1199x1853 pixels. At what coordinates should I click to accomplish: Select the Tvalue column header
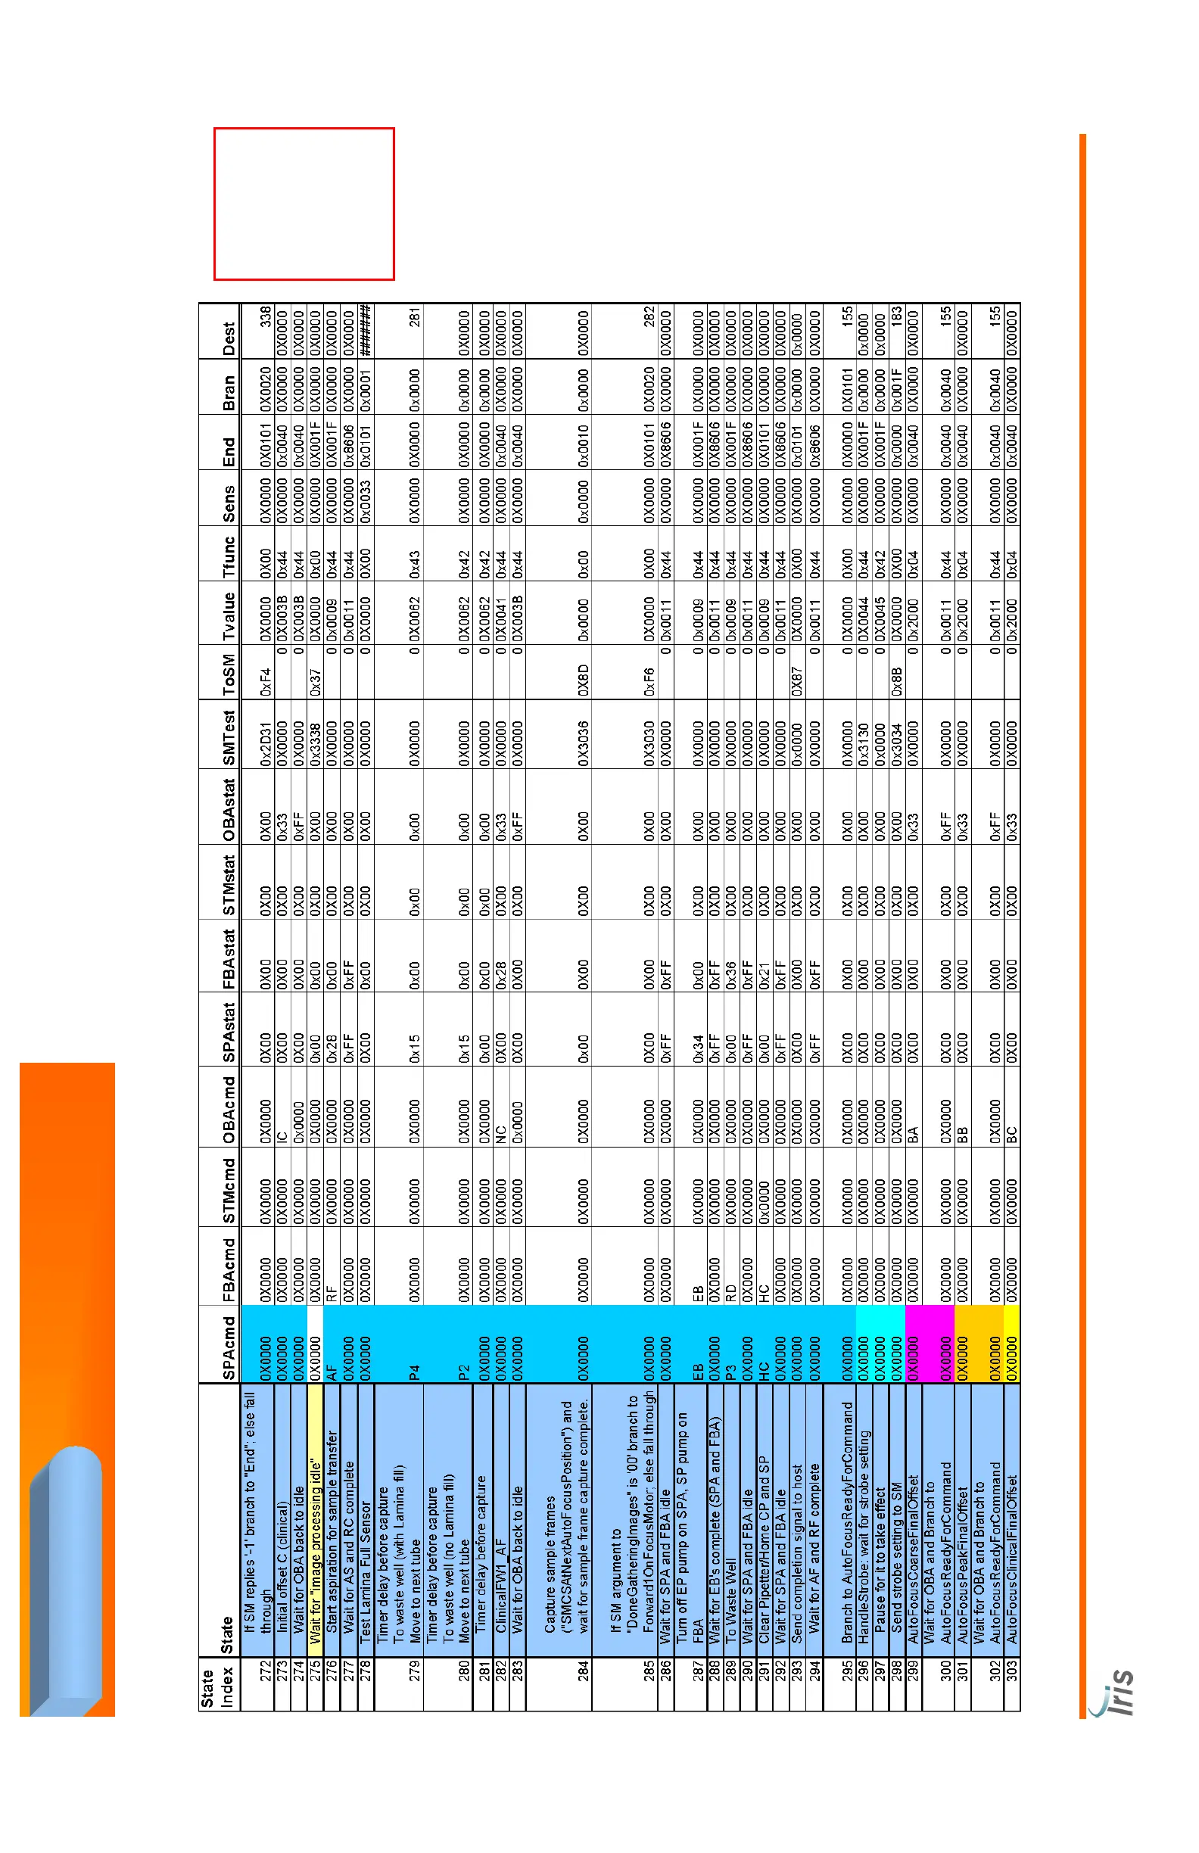coord(228,616)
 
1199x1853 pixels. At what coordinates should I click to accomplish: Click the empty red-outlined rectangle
coord(304,203)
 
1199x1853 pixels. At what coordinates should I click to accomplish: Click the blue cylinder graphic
coord(66,1580)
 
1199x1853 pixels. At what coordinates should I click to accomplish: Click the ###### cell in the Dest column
coord(365,331)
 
